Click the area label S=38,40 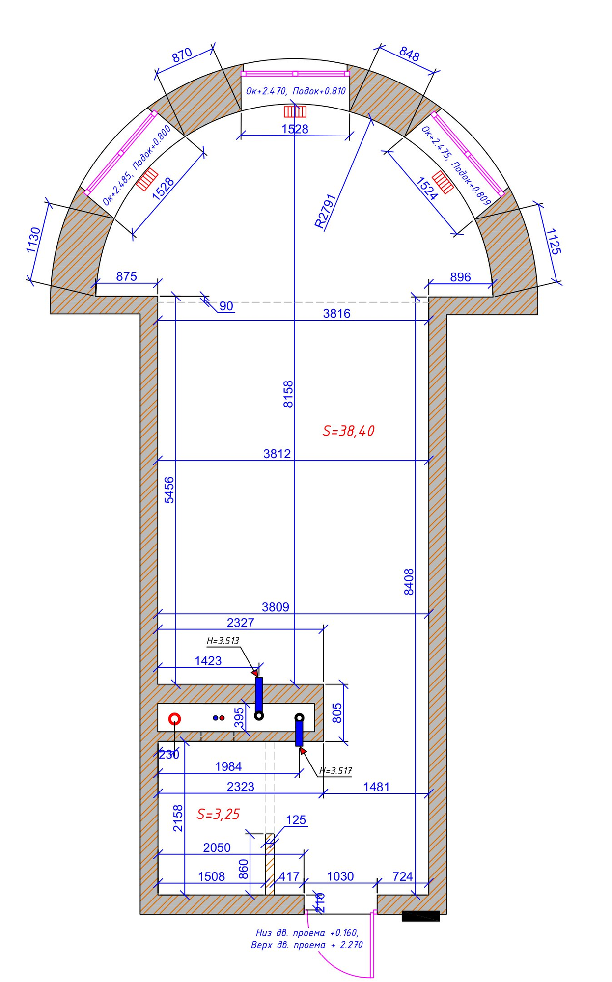pos(348,431)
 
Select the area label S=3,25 pos(218,814)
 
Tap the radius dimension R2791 pos(325,212)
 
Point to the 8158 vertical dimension pos(288,394)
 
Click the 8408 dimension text pos(409,582)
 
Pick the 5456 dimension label pos(169,490)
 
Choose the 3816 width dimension pos(336,313)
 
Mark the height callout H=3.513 pos(223,641)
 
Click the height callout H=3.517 pos(335,771)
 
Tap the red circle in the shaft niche pos(175,719)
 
